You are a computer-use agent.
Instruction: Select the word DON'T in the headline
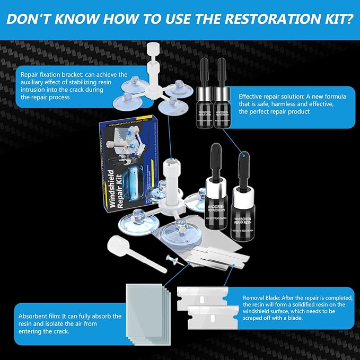(x=35, y=20)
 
